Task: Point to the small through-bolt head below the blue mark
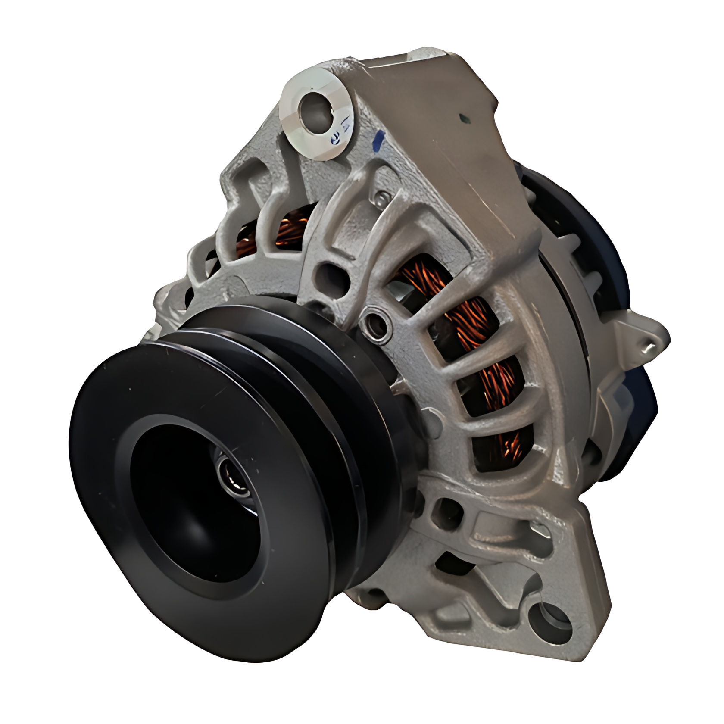382,198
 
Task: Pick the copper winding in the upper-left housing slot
293,228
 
